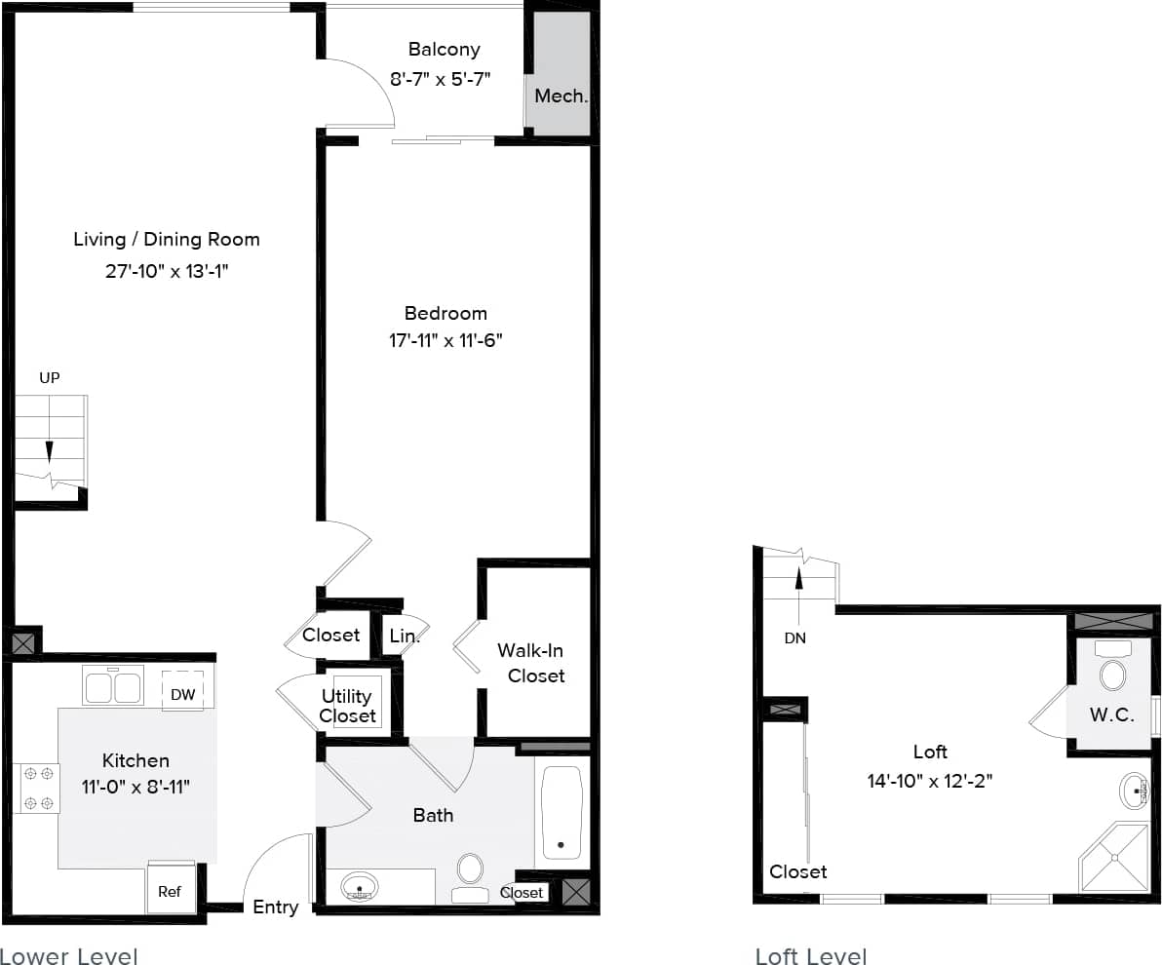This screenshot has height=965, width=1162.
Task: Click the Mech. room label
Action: (561, 96)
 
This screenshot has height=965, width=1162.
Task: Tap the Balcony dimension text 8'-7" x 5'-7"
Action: (440, 79)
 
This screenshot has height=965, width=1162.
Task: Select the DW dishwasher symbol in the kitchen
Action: (182, 694)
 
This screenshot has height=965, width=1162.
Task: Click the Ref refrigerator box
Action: (170, 891)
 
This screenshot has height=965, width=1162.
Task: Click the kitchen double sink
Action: (114, 686)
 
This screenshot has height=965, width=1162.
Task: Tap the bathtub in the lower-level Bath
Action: (561, 812)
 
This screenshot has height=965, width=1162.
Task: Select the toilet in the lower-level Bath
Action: (470, 877)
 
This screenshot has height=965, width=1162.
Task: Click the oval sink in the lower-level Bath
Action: (360, 887)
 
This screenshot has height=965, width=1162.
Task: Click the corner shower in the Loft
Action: (1114, 858)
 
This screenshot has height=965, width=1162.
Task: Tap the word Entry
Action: (276, 907)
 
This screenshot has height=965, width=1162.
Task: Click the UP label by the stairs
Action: (50, 377)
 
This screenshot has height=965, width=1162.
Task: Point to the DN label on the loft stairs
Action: (795, 638)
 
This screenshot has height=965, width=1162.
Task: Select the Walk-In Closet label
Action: (531, 663)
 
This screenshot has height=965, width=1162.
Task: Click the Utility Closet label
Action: (348, 706)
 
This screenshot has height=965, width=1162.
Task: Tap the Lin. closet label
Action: (404, 637)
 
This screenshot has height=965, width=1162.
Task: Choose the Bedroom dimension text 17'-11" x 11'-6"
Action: (445, 340)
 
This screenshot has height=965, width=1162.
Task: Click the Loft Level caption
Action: (811, 956)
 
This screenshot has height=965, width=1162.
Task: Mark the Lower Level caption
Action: (69, 955)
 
